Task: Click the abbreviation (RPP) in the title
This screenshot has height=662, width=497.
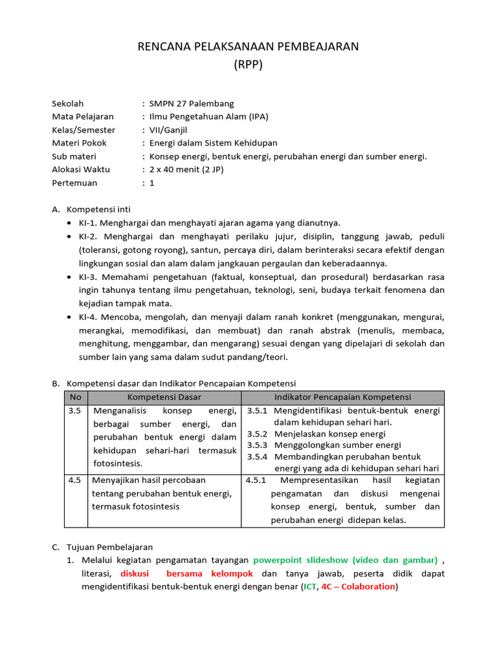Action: (x=248, y=65)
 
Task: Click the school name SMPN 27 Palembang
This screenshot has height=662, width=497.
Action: (x=192, y=103)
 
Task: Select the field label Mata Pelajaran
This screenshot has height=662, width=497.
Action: (x=82, y=116)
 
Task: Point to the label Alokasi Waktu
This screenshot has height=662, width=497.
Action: (x=81, y=169)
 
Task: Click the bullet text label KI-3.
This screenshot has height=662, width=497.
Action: (x=89, y=277)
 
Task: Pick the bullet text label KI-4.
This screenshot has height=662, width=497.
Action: (x=89, y=317)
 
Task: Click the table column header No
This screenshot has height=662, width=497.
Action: (x=76, y=397)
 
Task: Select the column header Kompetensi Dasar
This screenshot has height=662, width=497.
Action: (x=164, y=397)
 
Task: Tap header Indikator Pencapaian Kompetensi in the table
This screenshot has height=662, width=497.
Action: (x=342, y=397)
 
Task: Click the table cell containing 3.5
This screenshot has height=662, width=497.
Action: (x=74, y=411)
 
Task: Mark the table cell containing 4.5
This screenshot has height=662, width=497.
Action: (x=74, y=480)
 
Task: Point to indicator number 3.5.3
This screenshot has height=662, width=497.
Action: (x=258, y=445)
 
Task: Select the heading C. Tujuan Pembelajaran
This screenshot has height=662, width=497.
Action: (x=102, y=547)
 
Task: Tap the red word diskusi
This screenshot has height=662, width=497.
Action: (x=135, y=573)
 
